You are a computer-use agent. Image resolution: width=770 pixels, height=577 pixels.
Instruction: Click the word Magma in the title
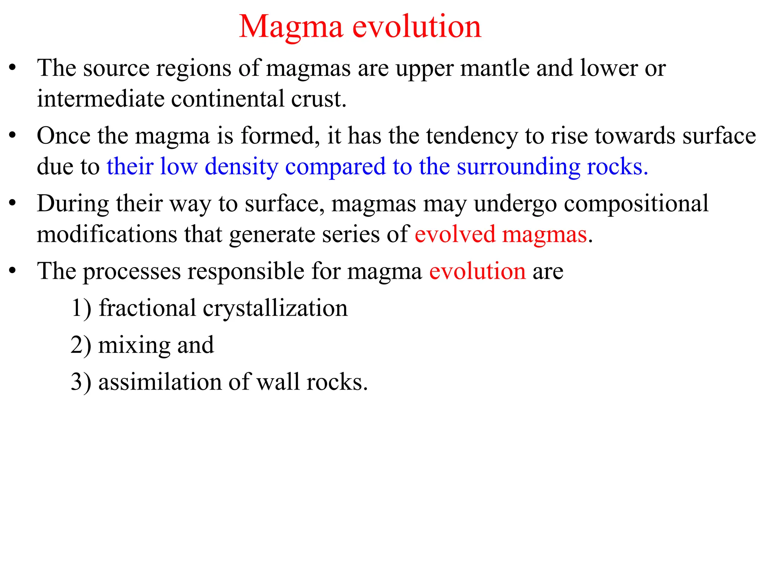291,27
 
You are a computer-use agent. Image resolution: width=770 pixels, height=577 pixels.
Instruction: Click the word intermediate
100,99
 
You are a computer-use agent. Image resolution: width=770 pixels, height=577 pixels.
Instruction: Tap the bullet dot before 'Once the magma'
12,135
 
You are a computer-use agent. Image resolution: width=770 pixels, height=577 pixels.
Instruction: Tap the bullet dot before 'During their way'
12,203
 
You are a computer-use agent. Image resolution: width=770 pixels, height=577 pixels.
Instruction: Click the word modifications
107,234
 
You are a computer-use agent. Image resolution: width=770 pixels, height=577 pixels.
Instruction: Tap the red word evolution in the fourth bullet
477,271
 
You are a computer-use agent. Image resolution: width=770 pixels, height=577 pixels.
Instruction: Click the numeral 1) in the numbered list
81,308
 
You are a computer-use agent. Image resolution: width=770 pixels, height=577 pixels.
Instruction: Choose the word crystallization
275,308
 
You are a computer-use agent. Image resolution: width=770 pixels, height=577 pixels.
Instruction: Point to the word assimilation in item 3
160,382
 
